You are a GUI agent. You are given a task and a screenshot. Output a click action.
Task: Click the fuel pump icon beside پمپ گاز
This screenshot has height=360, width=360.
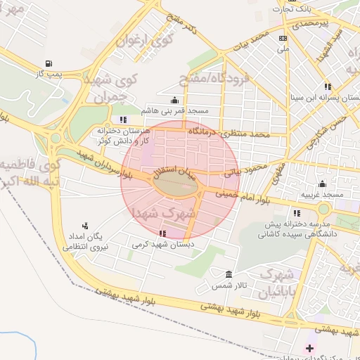pyautogui.click(x=48, y=63)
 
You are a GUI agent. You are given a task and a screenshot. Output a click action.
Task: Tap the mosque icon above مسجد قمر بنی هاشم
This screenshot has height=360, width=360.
pyautogui.click(x=174, y=101)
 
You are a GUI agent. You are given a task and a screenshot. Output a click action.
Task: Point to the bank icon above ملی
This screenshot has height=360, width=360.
pyautogui.click(x=283, y=39)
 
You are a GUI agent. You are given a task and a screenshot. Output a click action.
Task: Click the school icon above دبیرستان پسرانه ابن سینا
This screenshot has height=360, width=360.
pyautogui.click(x=328, y=86)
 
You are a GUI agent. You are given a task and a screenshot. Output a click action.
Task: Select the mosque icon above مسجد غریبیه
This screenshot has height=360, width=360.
pyautogui.click(x=322, y=184)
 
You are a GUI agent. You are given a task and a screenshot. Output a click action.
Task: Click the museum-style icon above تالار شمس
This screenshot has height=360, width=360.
pyautogui.click(x=228, y=274)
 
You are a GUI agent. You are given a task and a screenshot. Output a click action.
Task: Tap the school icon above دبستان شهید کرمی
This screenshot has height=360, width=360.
pyautogui.click(x=163, y=233)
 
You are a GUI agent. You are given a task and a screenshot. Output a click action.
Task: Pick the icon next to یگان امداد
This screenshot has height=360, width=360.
pyautogui.click(x=85, y=226)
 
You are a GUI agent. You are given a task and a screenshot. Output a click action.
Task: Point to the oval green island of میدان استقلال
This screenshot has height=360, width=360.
pyautogui.click(x=174, y=185)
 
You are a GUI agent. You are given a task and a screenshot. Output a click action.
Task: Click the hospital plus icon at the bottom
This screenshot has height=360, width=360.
pyautogui.click(x=309, y=348)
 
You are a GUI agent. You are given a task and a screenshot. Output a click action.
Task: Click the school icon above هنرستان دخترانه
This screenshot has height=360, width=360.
pyautogui.click(x=124, y=119)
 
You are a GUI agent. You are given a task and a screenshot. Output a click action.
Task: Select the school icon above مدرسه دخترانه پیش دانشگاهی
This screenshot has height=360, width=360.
pyautogui.click(x=297, y=212)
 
